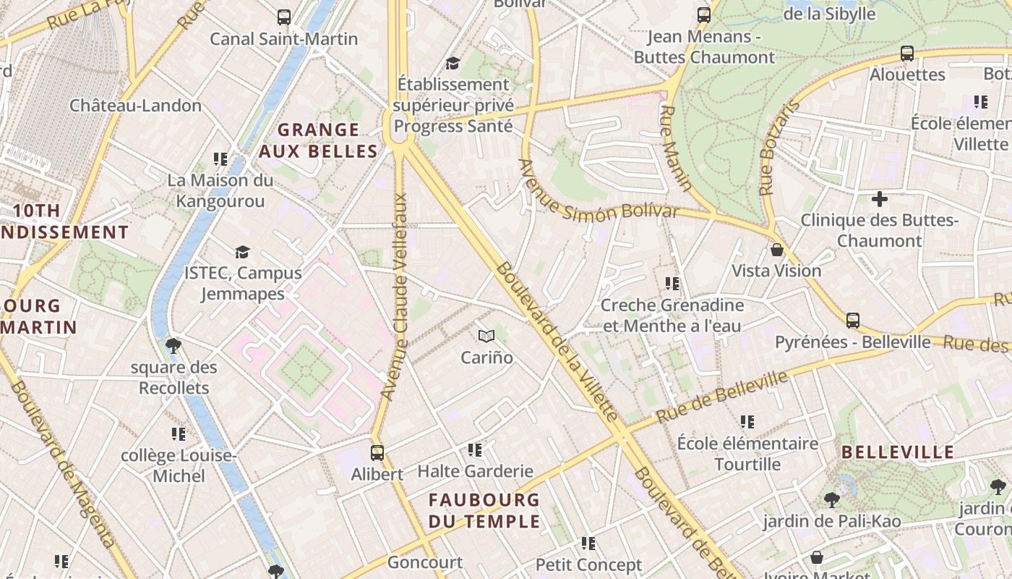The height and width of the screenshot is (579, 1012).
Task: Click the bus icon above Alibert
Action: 377,453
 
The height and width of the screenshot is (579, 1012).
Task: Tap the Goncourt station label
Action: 425,562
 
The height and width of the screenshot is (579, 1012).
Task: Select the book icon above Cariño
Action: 486,336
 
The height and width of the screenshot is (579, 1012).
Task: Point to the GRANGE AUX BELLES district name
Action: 318,140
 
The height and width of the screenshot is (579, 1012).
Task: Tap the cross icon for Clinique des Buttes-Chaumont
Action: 880,198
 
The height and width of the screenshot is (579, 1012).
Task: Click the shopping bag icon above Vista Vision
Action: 777,250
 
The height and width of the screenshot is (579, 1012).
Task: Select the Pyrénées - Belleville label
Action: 853,342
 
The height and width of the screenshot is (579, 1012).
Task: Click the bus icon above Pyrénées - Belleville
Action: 853,320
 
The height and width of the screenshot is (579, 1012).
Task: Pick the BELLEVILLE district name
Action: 898,452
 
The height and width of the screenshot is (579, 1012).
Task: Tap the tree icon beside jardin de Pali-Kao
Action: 831,499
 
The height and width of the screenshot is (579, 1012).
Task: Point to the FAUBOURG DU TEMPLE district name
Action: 484,510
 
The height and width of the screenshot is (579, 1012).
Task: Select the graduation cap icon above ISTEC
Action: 242,252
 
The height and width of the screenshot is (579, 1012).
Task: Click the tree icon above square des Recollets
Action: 173,345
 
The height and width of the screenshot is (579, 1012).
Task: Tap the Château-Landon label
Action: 135,106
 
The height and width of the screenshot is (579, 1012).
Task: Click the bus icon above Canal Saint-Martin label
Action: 284,17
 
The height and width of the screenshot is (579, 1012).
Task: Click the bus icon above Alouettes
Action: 907,53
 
